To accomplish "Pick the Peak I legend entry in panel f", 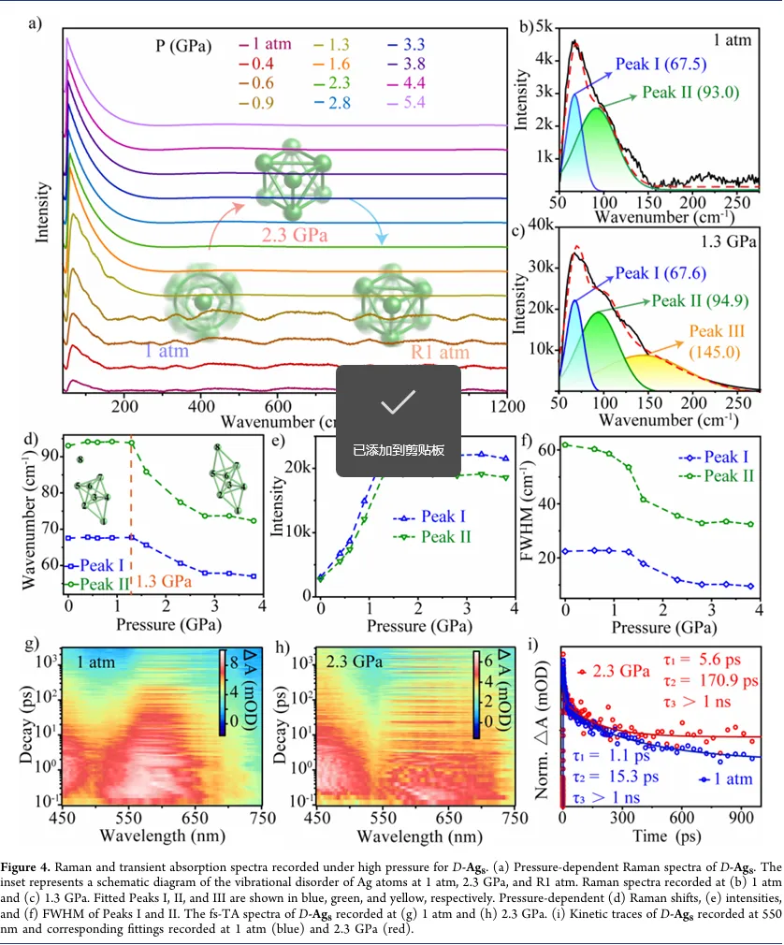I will [x=721, y=458].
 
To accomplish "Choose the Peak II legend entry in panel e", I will [x=443, y=536].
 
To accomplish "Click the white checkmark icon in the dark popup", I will [x=398, y=402].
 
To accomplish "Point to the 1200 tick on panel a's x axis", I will [x=506, y=407].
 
